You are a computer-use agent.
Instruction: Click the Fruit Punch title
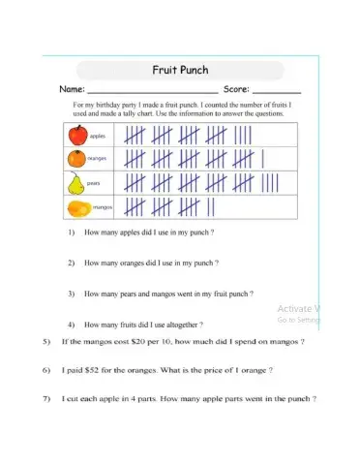[x=181, y=70]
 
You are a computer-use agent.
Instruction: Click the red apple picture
[x=78, y=134]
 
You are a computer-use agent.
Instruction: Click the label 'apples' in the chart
[x=100, y=136]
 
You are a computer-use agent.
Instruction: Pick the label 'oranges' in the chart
[x=101, y=159]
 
